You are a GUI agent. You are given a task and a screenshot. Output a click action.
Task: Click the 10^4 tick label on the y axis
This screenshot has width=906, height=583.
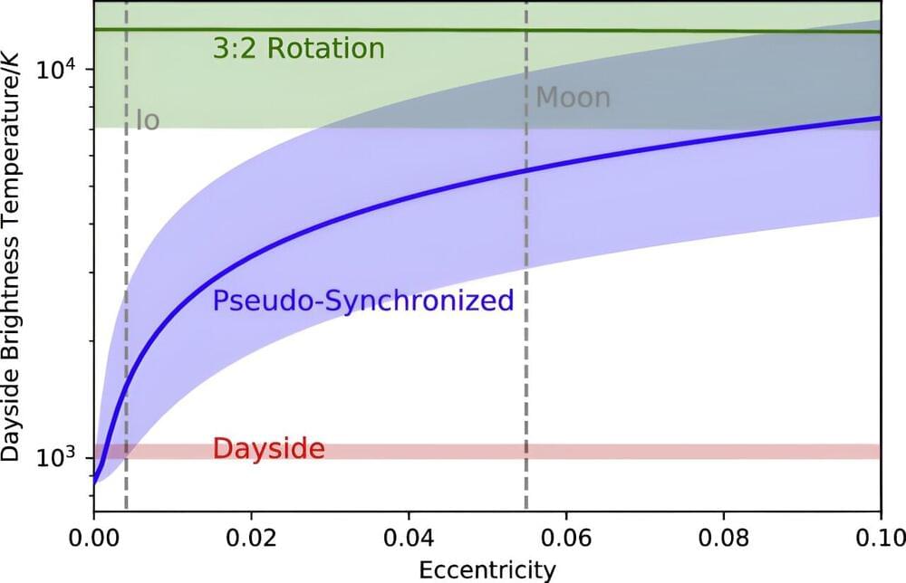point(61,68)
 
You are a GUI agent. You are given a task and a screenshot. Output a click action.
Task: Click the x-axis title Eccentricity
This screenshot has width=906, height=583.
point(487,569)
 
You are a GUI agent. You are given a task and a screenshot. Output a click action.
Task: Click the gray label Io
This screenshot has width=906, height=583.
point(148,119)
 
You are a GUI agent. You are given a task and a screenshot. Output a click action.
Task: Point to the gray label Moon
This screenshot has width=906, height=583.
point(573,98)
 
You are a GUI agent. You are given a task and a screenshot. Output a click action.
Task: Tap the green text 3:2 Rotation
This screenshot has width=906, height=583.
point(299,49)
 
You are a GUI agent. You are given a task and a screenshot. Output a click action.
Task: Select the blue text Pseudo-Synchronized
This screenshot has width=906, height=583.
point(363,301)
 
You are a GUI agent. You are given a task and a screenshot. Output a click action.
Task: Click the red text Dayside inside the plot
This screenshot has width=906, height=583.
point(269,449)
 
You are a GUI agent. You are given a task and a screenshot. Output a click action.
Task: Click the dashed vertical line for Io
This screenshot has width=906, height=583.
point(126,272)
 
